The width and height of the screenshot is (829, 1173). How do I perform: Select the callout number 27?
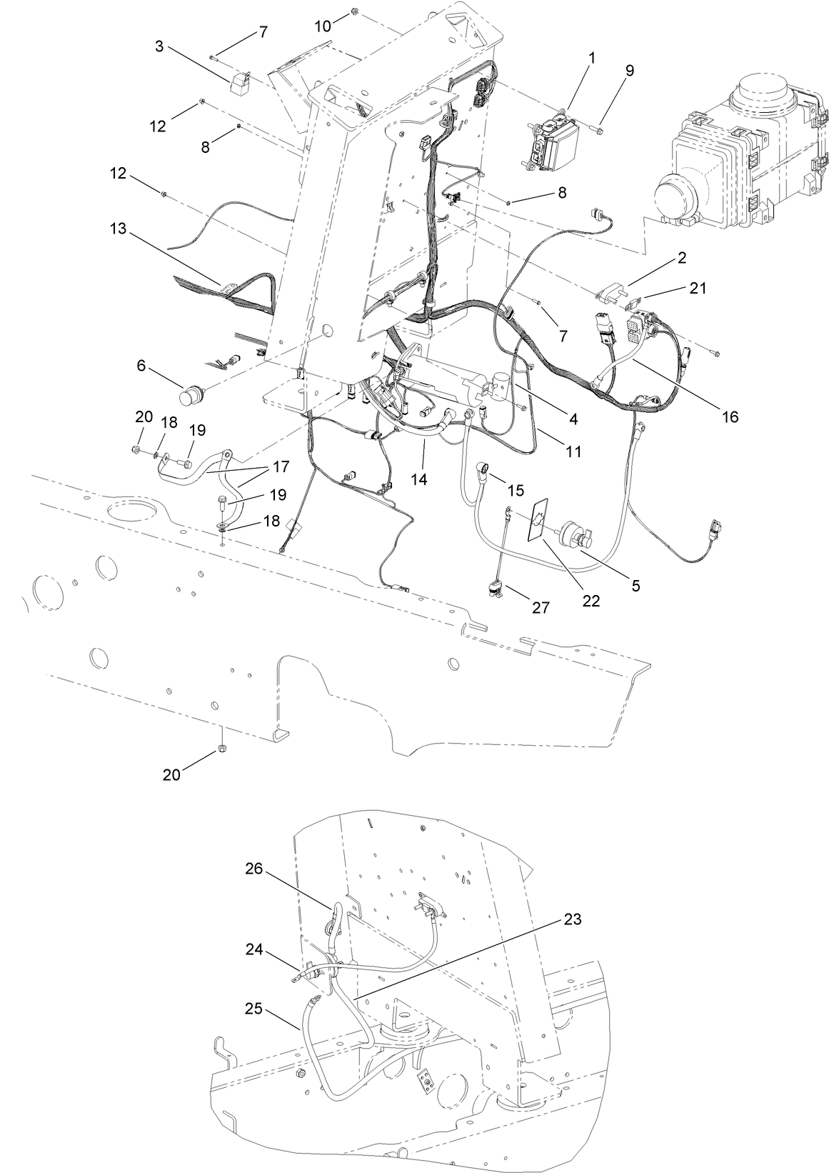(x=541, y=607)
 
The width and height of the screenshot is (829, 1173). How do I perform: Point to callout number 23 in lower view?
(x=571, y=919)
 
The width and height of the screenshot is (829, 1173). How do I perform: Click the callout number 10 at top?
(x=323, y=26)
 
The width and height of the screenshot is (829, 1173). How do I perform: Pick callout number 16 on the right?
(x=729, y=416)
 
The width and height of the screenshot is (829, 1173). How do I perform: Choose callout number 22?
(x=591, y=601)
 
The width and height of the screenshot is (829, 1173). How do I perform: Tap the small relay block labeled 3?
(x=240, y=81)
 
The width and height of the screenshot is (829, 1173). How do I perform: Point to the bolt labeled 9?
(x=596, y=129)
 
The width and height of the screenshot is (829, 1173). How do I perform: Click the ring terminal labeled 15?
(x=485, y=467)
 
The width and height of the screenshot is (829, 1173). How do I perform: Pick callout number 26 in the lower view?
(x=254, y=869)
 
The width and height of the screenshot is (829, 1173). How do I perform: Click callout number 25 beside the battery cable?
(x=253, y=1009)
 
